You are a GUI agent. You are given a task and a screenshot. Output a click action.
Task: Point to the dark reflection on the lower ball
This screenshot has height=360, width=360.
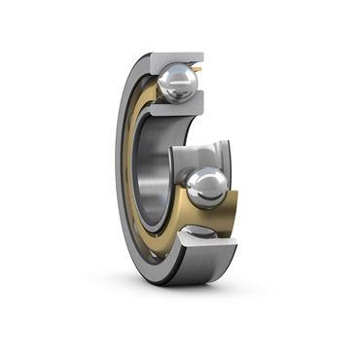tap(209, 198)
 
